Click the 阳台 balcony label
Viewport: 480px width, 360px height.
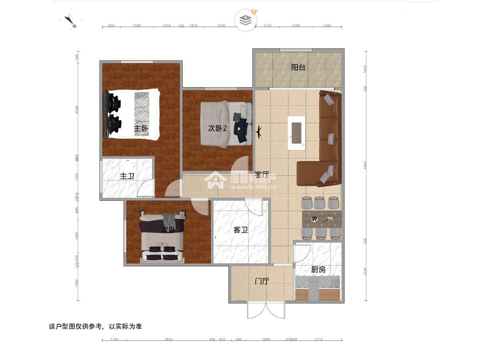pyautogui.click(x=298, y=67)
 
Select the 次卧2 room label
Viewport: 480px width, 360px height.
pyautogui.click(x=218, y=128)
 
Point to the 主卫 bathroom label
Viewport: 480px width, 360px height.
pyautogui.click(x=127, y=176)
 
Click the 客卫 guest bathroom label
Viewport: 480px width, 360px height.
pyautogui.click(x=241, y=230)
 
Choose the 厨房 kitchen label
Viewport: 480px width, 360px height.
pyautogui.click(x=318, y=269)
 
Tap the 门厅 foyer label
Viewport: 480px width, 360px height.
pyautogui.click(x=261, y=281)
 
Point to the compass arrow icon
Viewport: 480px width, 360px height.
pyautogui.click(x=71, y=21)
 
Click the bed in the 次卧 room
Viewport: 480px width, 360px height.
pyautogui.click(x=162, y=238)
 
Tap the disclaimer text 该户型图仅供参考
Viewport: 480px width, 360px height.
pyautogui.click(x=95, y=326)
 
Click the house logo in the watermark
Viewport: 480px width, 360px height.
pyautogui.click(x=216, y=180)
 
